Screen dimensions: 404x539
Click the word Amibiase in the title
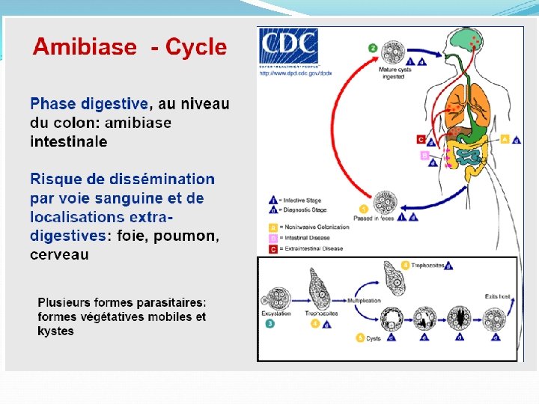(x=85, y=48)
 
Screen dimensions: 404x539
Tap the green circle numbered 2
(x=373, y=48)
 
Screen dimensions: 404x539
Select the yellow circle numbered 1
(x=364, y=209)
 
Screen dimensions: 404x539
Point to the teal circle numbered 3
(x=269, y=324)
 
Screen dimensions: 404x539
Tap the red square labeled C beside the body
(x=421, y=139)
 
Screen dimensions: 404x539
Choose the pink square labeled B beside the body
(x=424, y=156)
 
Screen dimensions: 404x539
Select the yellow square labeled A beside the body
(x=505, y=139)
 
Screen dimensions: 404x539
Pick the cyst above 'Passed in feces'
(x=385, y=203)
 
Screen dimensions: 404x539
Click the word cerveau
(x=59, y=255)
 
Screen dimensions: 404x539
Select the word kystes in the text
(x=55, y=331)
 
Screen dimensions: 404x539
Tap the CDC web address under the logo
(x=296, y=73)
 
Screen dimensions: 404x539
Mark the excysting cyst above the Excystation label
(x=278, y=296)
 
